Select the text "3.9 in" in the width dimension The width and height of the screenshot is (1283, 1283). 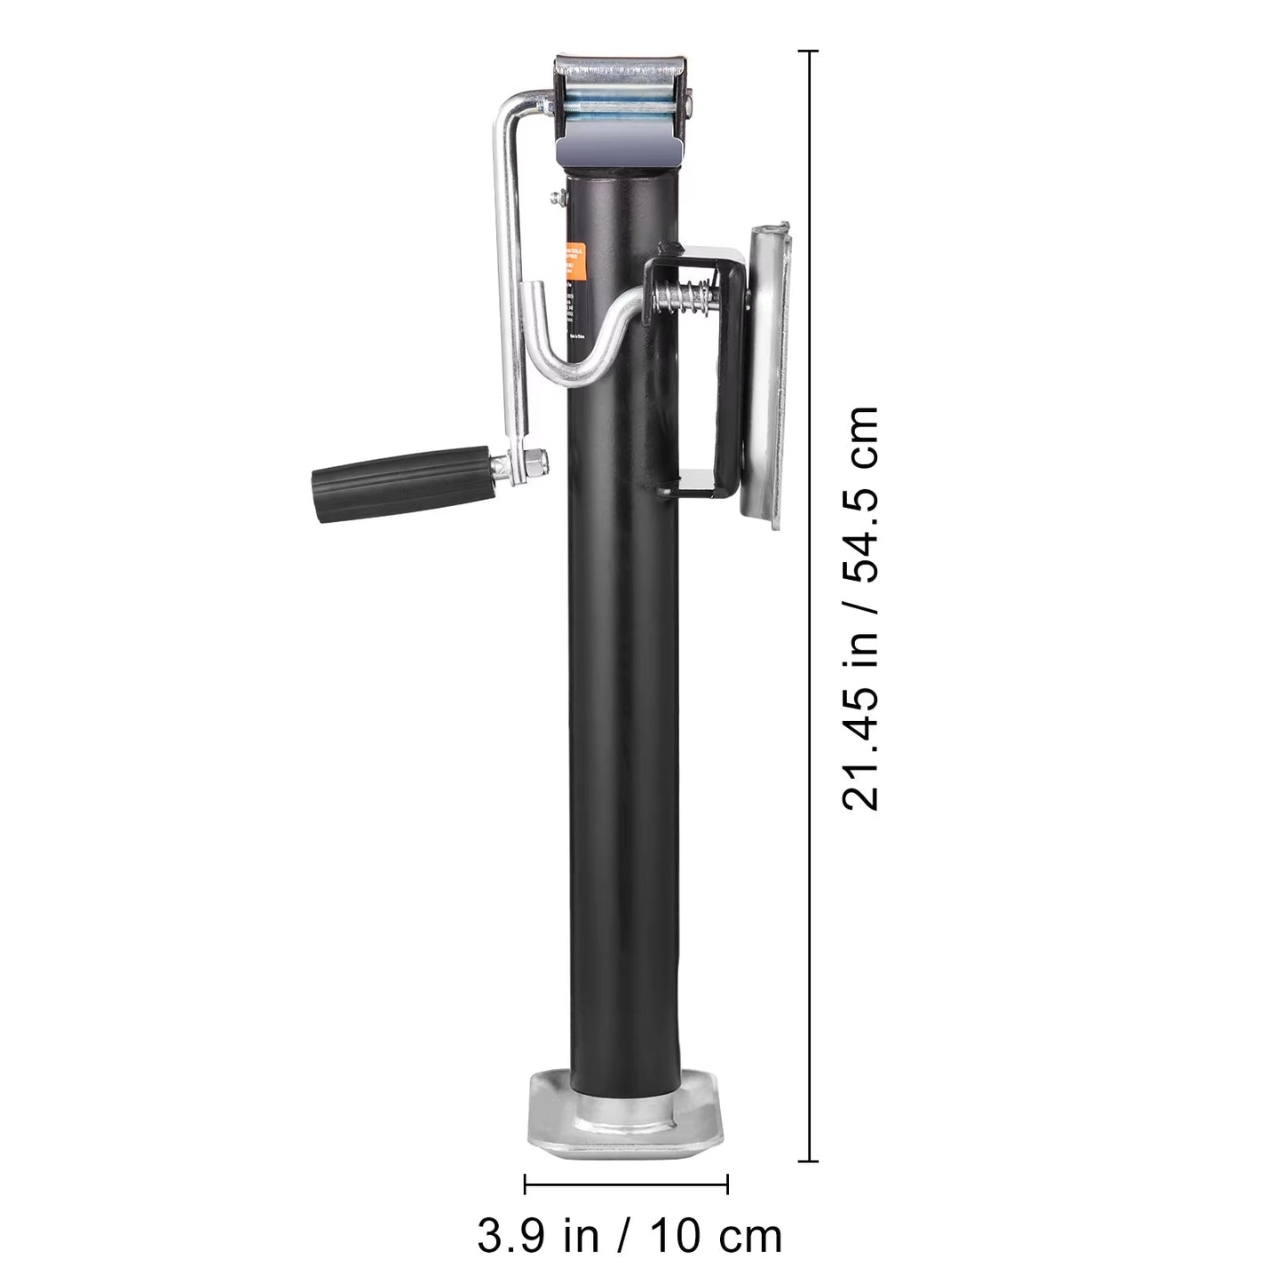point(532,1235)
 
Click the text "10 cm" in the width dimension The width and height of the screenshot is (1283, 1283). point(716,1235)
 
